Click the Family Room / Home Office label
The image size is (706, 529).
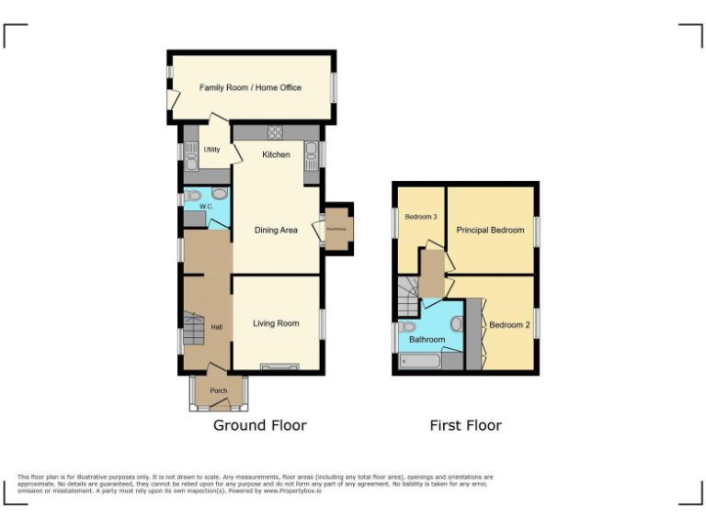coord(250,88)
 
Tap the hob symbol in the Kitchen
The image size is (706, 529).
coord(275,131)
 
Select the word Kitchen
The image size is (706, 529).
coord(276,154)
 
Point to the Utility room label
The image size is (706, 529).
coord(211,149)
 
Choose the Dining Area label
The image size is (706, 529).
coord(276,230)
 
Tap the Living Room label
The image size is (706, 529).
coord(276,323)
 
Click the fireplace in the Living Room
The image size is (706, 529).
coord(274,367)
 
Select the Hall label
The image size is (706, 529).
coord(217,327)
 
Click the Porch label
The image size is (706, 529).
coord(218,391)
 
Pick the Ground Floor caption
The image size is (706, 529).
coord(260,425)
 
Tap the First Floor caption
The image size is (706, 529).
coord(465,425)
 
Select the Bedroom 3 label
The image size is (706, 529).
coord(421,217)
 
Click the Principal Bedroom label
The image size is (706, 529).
coord(490,230)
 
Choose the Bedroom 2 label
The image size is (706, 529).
coord(510,325)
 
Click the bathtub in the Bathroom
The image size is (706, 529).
coord(420,362)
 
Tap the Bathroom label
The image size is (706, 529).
coord(427,340)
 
